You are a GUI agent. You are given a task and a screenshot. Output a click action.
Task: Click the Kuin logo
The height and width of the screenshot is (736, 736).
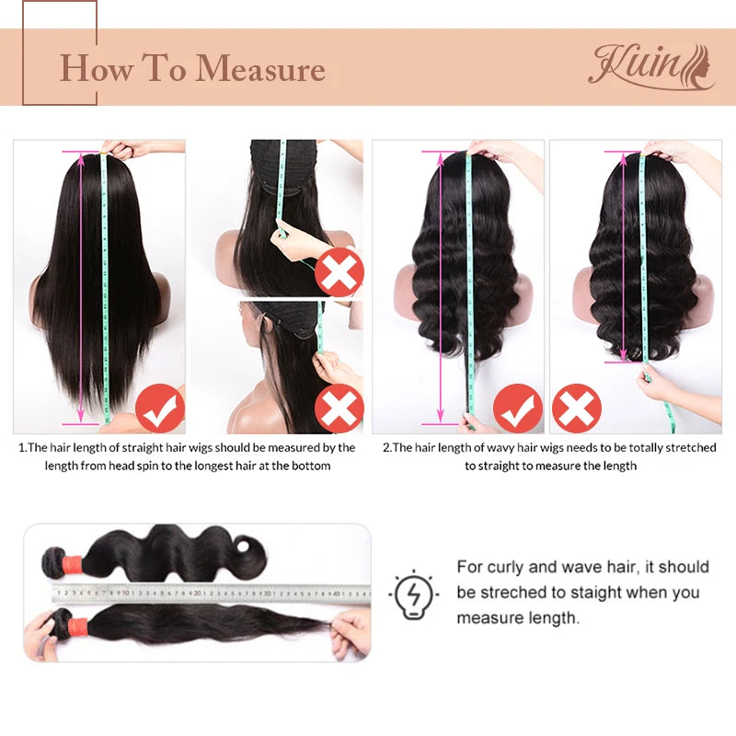tap(650, 66)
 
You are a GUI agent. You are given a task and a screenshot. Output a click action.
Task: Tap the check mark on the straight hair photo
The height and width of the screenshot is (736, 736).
tap(159, 409)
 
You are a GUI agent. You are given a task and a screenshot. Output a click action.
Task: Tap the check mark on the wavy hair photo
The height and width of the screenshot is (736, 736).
tap(517, 408)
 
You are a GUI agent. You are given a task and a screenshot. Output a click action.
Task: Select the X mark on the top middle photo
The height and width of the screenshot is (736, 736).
tap(339, 272)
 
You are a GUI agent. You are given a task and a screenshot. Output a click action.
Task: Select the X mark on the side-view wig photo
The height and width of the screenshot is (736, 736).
tap(339, 409)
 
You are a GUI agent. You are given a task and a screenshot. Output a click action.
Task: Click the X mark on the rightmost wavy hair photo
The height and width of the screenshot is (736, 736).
tap(578, 408)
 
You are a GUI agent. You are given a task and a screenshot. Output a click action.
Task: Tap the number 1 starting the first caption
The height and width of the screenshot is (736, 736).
tap(21, 448)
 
